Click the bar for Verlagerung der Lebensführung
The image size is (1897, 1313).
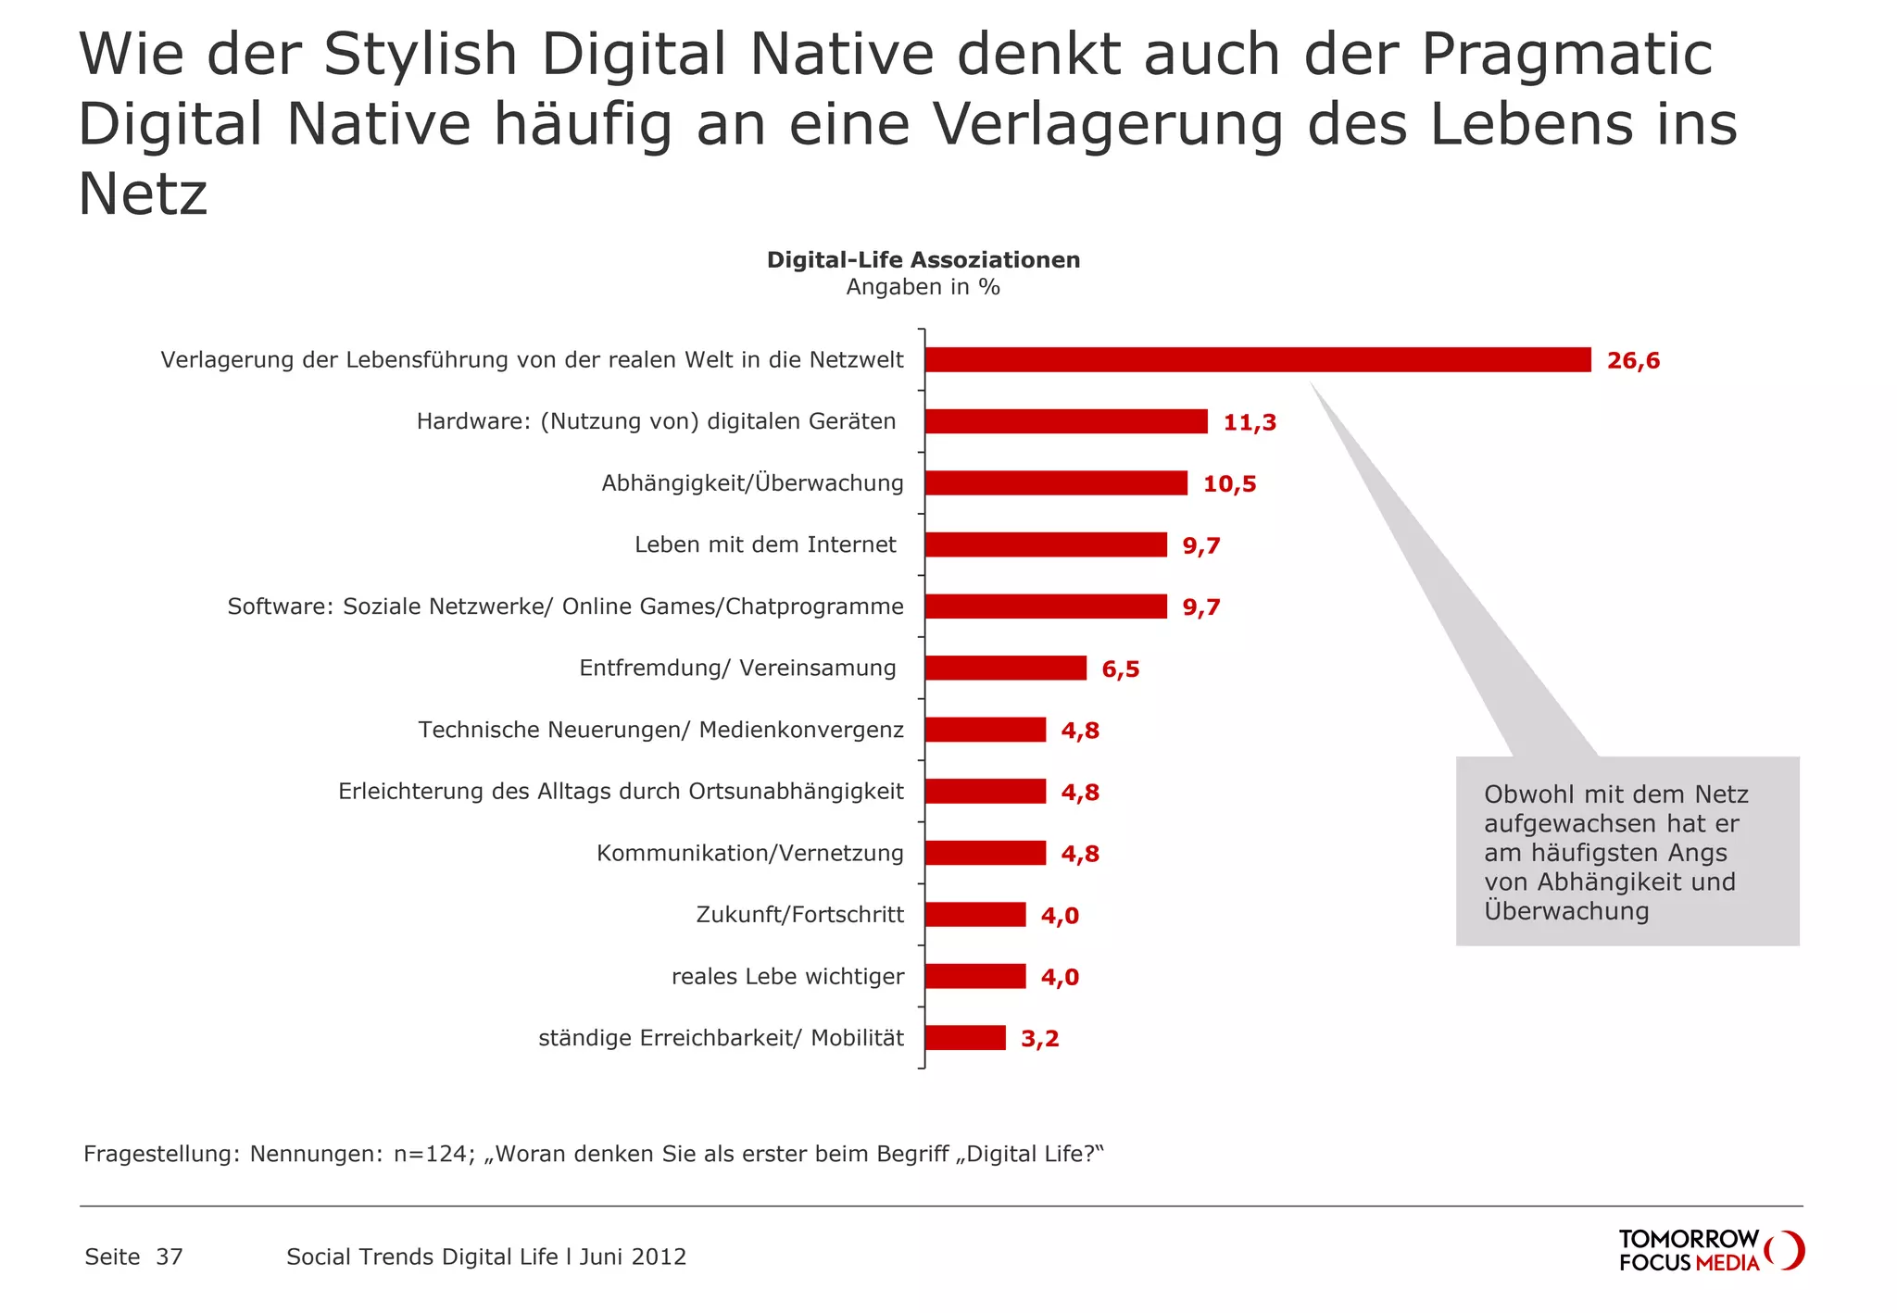1257,360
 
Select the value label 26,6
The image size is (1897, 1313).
1633,361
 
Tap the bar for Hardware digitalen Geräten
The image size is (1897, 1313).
1065,421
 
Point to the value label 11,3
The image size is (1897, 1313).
1250,423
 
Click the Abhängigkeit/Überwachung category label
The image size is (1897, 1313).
752,483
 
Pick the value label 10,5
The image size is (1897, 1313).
1229,484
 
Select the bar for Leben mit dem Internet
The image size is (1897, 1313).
1045,544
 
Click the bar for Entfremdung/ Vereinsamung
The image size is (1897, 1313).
1005,668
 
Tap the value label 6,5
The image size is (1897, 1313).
1120,669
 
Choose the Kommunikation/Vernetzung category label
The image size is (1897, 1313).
749,853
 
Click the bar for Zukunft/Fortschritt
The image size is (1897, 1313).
974,915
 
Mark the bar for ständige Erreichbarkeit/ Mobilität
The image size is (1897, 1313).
964,1038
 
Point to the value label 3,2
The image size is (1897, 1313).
1039,1039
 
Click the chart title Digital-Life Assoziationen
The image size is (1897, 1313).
923,260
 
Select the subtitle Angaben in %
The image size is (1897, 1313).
923,287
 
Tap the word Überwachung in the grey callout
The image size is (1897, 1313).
1566,911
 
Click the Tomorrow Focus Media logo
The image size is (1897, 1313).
1710,1251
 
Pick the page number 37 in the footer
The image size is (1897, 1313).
170,1257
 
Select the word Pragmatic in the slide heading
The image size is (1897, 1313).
1566,54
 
